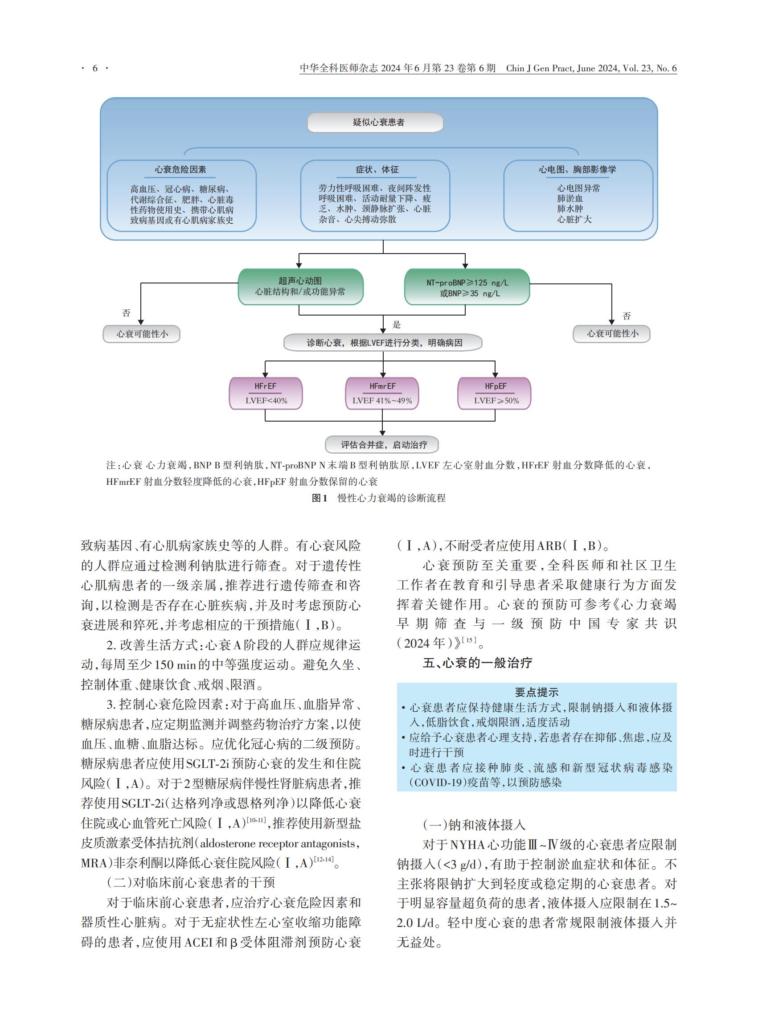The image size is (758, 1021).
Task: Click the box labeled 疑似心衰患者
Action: (x=375, y=123)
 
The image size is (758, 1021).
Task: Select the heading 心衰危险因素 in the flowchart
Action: (x=180, y=170)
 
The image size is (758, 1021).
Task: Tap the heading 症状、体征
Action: (x=377, y=170)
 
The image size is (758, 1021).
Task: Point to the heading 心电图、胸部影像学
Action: (x=577, y=170)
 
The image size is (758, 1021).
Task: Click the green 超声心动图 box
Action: (x=300, y=287)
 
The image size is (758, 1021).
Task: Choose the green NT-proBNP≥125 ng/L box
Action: (x=467, y=287)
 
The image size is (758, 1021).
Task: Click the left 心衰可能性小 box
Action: (x=141, y=334)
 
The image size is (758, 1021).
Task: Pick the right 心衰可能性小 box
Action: (x=612, y=334)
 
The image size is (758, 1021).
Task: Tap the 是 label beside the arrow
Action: (x=397, y=325)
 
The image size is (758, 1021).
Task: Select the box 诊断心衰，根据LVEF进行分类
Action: (x=383, y=343)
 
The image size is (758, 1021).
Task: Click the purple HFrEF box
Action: (x=266, y=393)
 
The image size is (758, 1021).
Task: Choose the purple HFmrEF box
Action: (x=382, y=393)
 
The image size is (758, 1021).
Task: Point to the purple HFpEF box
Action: (x=495, y=393)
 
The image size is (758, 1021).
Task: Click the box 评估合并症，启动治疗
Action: (x=382, y=445)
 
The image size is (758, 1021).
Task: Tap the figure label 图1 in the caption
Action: (x=320, y=498)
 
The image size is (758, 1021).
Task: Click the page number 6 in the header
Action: (x=95, y=68)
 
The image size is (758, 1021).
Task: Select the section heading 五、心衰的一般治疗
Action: (x=477, y=663)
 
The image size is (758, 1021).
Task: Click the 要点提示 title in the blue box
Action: (x=537, y=693)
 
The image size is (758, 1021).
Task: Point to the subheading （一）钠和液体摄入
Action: (x=474, y=825)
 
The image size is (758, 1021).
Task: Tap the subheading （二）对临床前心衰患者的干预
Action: (x=191, y=882)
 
